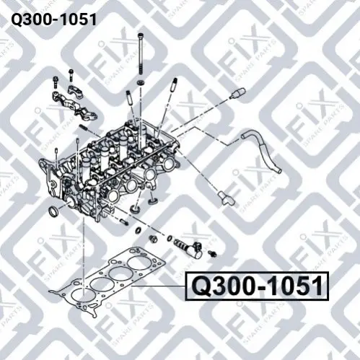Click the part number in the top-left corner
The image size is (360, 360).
pyautogui.click(x=53, y=19)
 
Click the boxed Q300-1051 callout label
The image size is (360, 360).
pyautogui.click(x=257, y=286)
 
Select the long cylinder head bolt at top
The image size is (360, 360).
pyautogui.click(x=141, y=53)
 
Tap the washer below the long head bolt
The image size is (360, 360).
pyautogui.click(x=140, y=82)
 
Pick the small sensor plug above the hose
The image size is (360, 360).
pyautogui.click(x=237, y=94)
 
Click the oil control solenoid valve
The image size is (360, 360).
pyautogui.click(x=190, y=247)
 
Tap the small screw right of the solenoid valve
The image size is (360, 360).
pyautogui.click(x=212, y=253)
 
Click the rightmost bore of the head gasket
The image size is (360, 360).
pyautogui.click(x=137, y=263)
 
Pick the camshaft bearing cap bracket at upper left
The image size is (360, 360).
pyautogui.click(x=74, y=102)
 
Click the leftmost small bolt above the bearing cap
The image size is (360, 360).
pyautogui.click(x=56, y=82)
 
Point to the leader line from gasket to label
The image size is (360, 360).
pyautogui.click(x=158, y=286)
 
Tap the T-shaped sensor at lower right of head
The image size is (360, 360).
pyautogui.click(x=225, y=198)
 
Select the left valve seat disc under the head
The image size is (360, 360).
pyautogui.click(x=134, y=208)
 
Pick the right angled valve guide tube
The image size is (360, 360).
pyautogui.click(x=174, y=87)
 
